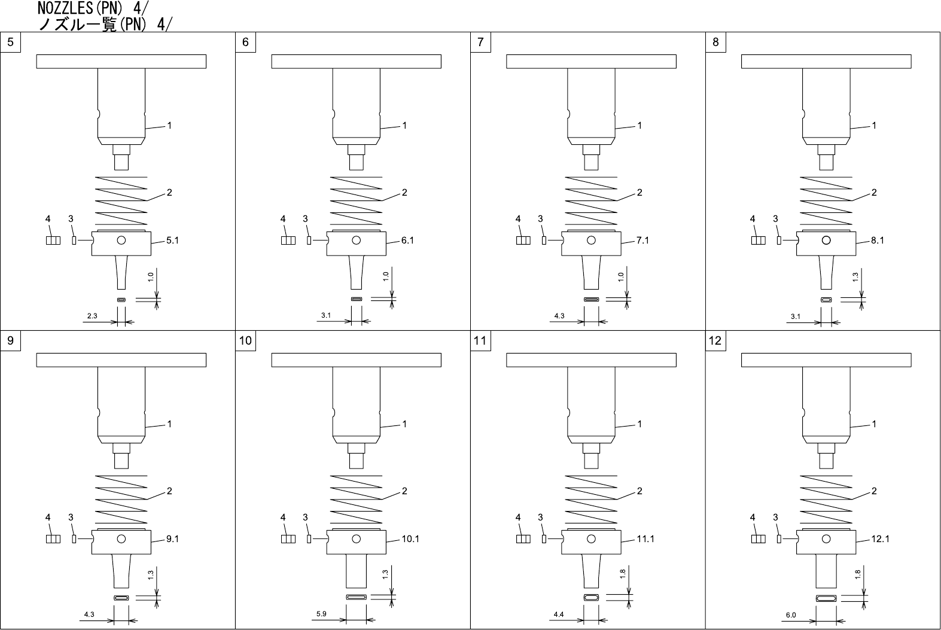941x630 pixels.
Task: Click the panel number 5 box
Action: pyautogui.click(x=10, y=42)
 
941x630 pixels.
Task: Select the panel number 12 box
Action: pyautogui.click(x=715, y=341)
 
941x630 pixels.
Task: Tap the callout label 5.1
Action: pyautogui.click(x=172, y=241)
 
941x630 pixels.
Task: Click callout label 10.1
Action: pyautogui.click(x=410, y=539)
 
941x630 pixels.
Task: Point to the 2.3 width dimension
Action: pyautogui.click(x=92, y=316)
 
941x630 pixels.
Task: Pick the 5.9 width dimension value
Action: pyautogui.click(x=321, y=614)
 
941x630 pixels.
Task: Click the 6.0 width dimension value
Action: pyautogui.click(x=791, y=615)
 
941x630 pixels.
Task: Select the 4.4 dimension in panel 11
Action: pyautogui.click(x=559, y=614)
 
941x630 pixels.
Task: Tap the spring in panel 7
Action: pyautogui.click(x=591, y=200)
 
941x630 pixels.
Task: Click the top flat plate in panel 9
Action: pyautogui.click(x=121, y=360)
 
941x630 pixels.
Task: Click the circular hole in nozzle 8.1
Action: pyautogui.click(x=826, y=241)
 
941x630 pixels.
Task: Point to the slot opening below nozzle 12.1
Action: pyautogui.click(x=826, y=598)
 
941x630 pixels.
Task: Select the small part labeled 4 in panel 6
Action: pyautogui.click(x=288, y=241)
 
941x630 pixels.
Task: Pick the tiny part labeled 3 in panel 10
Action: pyautogui.click(x=309, y=539)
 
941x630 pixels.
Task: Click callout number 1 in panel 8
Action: pyautogui.click(x=874, y=126)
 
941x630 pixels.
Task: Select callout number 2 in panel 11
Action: pyautogui.click(x=639, y=491)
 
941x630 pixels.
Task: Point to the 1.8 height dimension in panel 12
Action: pyautogui.click(x=857, y=574)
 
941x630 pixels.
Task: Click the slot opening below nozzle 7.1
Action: pyautogui.click(x=591, y=299)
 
